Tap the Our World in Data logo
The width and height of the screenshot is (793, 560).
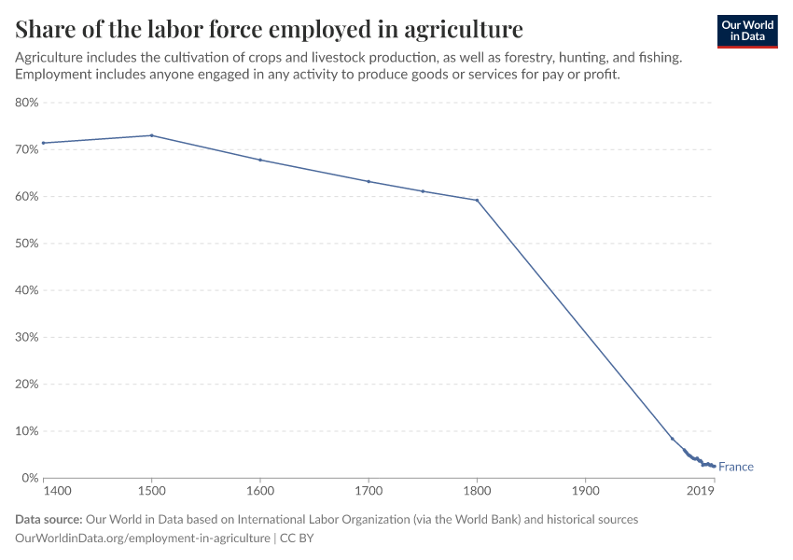tap(747, 31)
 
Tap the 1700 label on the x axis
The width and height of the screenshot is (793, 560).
tap(369, 491)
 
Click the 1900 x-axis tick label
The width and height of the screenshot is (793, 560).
tap(585, 491)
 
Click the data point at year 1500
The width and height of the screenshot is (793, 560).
tap(151, 135)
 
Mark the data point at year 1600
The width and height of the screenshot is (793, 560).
tap(260, 160)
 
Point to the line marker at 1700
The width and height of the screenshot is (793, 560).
tap(369, 181)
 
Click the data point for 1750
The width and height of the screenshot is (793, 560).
tap(423, 191)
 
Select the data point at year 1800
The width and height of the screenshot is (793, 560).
tap(477, 200)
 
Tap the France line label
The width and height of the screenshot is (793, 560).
tap(736, 467)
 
